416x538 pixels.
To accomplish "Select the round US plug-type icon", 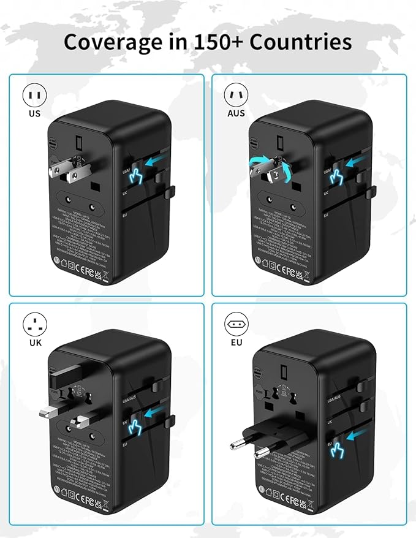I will pos(34,96).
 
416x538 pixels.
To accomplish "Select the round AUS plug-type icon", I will pos(236,96).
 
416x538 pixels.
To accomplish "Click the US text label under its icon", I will pos(34,113).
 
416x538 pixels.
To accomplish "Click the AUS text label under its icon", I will pos(236,113).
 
